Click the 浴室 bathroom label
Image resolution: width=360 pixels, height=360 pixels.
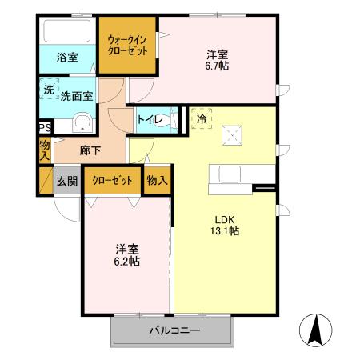tap(67, 58)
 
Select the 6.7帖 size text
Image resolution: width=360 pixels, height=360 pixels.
tap(218, 66)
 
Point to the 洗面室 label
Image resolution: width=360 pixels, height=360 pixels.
tap(77, 94)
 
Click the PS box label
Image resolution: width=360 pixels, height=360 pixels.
tap(45, 127)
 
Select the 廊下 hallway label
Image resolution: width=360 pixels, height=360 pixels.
tap(90, 150)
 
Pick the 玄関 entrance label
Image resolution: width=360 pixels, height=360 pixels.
tap(67, 181)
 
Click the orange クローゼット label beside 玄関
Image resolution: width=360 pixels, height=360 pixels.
tap(112, 180)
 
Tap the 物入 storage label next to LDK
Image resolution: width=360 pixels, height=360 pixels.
tap(157, 180)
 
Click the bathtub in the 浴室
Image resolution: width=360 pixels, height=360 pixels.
tap(68, 32)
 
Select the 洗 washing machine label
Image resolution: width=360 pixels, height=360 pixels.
tap(49, 90)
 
